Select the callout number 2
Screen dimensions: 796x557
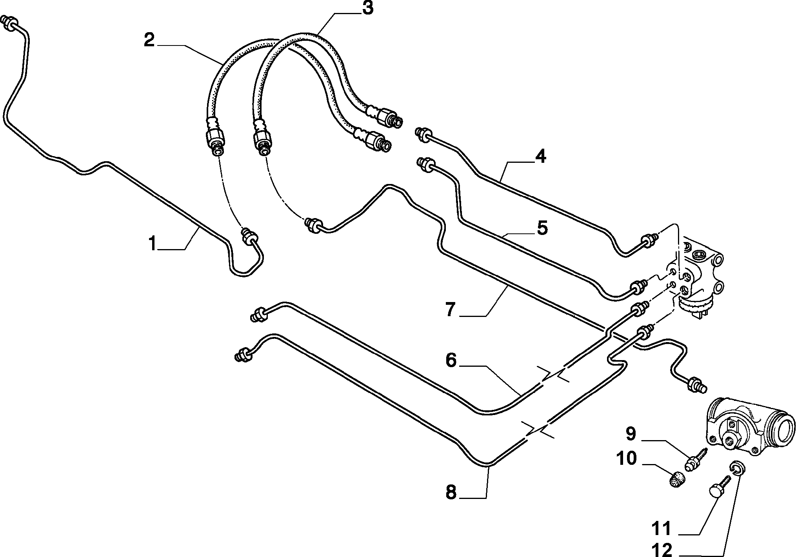pyautogui.click(x=149, y=40)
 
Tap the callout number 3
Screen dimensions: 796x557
pyautogui.click(x=367, y=8)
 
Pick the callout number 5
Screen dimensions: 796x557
pyautogui.click(x=542, y=228)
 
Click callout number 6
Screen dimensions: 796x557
pyautogui.click(x=451, y=360)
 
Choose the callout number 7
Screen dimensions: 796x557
pyautogui.click(x=450, y=310)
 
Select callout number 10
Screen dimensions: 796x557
pyautogui.click(x=626, y=458)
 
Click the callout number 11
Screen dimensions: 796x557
pyautogui.click(x=662, y=528)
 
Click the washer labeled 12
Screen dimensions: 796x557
pyautogui.click(x=738, y=468)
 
